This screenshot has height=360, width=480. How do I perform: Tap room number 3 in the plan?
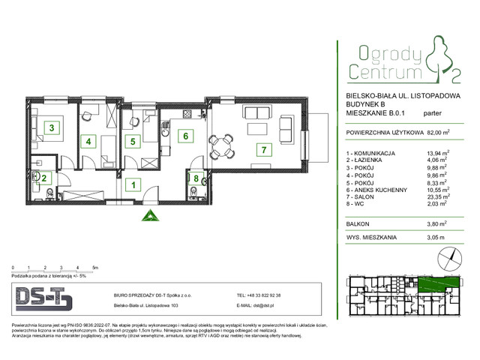[51, 127]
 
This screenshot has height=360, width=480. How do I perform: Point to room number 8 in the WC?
[196, 178]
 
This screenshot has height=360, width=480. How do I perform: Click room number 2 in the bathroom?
[44, 178]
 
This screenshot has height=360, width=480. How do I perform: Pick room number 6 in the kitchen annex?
[183, 136]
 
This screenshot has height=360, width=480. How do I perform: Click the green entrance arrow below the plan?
[147, 217]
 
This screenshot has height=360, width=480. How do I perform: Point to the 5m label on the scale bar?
[95, 268]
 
